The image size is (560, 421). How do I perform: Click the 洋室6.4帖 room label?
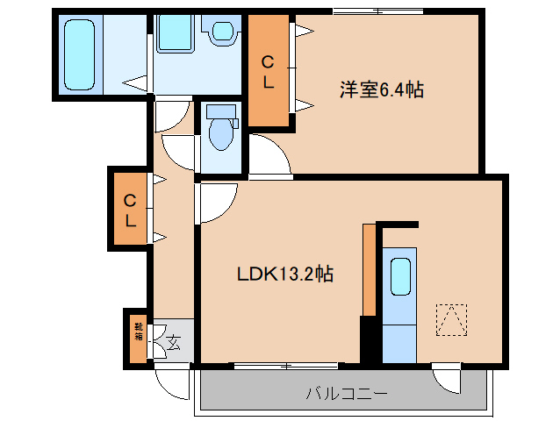coord(382,89)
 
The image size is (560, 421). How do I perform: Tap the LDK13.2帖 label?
coord(284,274)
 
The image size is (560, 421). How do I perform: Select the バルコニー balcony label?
coord(346,393)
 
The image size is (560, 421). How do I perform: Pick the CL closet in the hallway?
coord(129,209)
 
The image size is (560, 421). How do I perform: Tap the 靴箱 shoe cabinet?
coord(138,336)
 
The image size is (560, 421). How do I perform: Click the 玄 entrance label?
coord(174,343)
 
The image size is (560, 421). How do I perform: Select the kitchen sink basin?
coord(400,278)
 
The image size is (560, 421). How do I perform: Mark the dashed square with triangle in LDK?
coord(451,320)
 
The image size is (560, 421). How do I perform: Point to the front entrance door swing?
coord(172,382)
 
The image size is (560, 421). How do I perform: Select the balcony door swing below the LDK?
coord(449,378)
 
